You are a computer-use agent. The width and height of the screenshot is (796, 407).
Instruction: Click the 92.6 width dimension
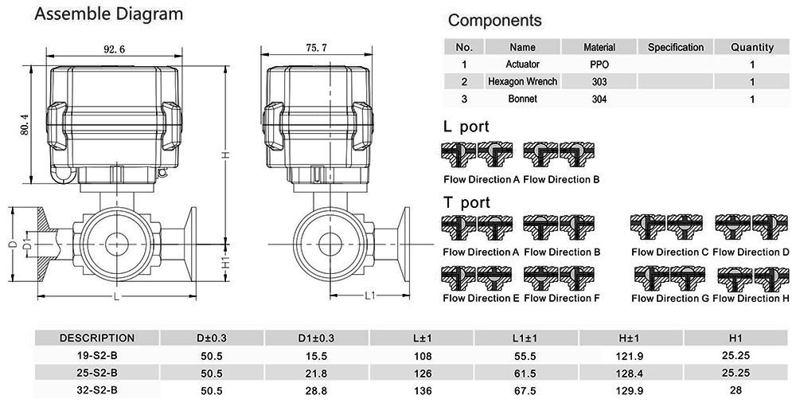coord(113,49)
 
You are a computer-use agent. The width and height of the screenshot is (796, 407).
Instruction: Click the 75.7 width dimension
coord(316,49)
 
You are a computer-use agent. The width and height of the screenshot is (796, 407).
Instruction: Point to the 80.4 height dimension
coord(23,125)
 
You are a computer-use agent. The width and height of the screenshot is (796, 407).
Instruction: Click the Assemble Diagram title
coord(110,14)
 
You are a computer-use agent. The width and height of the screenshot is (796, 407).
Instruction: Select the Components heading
coord(494,21)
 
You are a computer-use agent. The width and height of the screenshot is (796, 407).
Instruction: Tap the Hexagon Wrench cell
coord(522,81)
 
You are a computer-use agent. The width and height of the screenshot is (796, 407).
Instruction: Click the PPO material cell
coord(599,64)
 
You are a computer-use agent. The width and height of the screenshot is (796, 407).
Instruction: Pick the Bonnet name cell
coord(522,99)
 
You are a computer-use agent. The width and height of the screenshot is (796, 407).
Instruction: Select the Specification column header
coord(675,47)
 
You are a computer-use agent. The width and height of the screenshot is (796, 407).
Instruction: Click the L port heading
coord(466,127)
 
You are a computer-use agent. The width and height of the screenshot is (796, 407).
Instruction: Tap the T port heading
coord(466,202)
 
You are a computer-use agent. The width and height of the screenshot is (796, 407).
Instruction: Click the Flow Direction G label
coord(669,299)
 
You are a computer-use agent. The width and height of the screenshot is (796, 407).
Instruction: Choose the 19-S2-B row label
coord(97,355)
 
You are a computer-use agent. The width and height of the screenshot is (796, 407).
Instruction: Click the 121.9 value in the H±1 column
coord(630,355)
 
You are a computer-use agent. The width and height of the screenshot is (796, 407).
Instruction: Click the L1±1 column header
coord(525,338)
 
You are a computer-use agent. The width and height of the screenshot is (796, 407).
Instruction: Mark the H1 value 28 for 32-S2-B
coord(735,390)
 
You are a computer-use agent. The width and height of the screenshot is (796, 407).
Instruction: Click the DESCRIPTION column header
coord(97,338)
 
